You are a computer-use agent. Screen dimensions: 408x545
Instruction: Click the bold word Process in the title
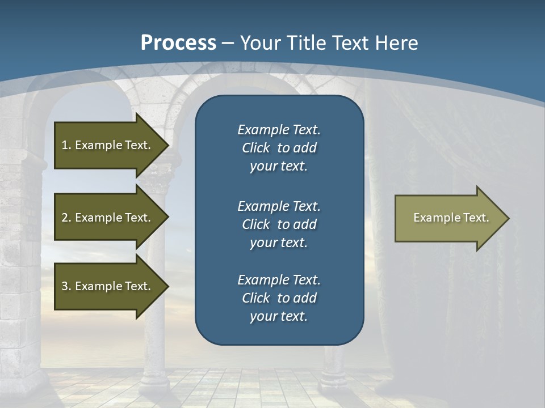coord(178,43)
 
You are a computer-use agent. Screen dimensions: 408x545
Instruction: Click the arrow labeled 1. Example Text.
coord(108,145)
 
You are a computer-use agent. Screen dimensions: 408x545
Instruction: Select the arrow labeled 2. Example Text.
coord(108,218)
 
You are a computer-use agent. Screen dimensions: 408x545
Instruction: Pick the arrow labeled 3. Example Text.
coord(108,286)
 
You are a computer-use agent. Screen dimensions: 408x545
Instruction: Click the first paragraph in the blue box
coord(279,148)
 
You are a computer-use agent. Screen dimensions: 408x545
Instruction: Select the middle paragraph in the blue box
coord(279,224)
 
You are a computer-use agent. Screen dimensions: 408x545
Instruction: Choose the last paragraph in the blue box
coord(279,298)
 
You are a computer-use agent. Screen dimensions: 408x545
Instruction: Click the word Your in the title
coord(259,43)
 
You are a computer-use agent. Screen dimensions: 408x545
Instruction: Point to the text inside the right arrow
coord(451,218)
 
